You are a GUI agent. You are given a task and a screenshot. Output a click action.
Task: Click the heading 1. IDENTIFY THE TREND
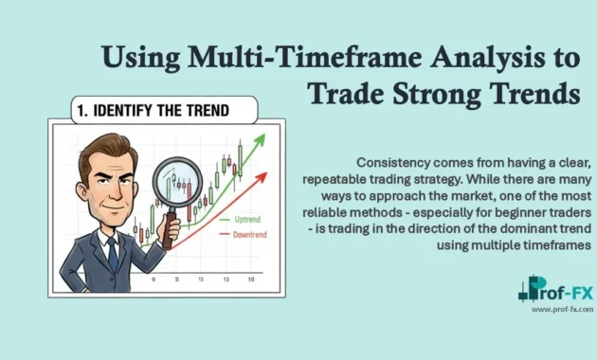point(153,111)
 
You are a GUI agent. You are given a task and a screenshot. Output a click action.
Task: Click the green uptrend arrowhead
point(258,140)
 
